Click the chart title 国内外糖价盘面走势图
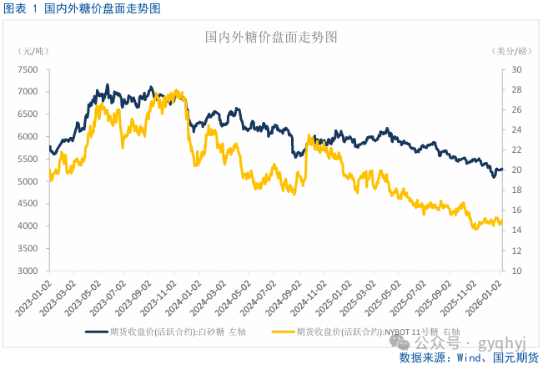click(271, 38)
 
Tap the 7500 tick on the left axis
click(27, 69)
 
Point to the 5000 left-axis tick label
click(27, 181)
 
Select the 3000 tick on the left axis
click(27, 271)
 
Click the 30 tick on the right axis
click(516, 69)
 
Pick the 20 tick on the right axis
click(516, 170)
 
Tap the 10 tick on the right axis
click(516, 271)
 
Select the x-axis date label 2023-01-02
click(36, 297)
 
